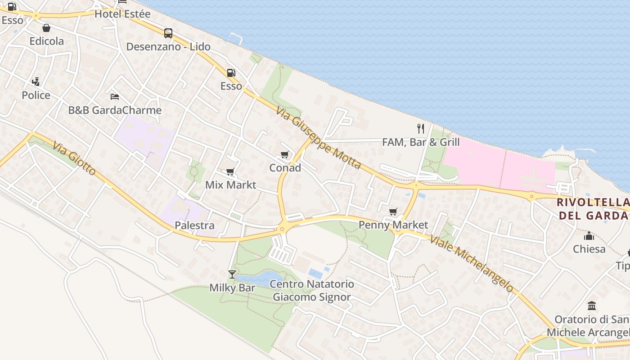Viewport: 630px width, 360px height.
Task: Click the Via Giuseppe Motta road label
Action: tap(318, 138)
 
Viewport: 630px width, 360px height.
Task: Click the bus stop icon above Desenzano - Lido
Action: tap(168, 33)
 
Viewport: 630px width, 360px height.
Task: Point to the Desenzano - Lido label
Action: tap(168, 47)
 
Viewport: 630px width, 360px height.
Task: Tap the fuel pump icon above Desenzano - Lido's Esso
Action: tap(231, 72)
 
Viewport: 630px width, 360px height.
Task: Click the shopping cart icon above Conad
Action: tap(284, 155)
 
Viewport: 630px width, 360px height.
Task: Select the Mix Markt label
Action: tap(230, 185)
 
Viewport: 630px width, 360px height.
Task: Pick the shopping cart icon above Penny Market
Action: tap(393, 211)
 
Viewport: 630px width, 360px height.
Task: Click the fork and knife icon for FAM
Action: tap(421, 129)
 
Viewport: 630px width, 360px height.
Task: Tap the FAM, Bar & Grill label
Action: tap(421, 143)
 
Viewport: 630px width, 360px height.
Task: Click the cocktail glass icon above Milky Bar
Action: tap(232, 274)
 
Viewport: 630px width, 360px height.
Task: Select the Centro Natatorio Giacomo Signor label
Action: tap(311, 291)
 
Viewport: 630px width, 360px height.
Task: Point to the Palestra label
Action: tap(194, 225)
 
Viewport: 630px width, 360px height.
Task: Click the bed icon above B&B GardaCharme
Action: tap(115, 96)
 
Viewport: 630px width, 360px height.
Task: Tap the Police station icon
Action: tap(36, 82)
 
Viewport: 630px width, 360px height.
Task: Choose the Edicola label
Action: tap(47, 41)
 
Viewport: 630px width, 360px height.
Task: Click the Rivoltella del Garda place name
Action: tap(593, 208)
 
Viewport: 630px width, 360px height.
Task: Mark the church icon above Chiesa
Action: tap(589, 236)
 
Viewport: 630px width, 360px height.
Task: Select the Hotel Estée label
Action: tap(122, 14)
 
